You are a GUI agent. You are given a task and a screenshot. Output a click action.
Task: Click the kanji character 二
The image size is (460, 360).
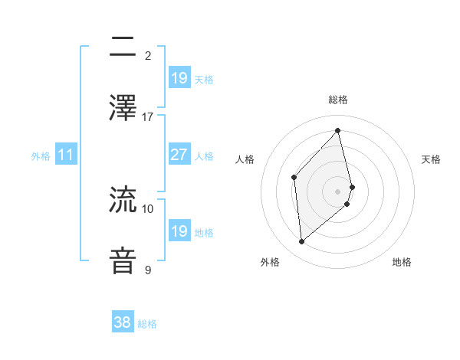[x=123, y=47]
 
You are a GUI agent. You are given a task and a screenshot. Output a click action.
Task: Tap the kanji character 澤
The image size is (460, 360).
[x=123, y=108]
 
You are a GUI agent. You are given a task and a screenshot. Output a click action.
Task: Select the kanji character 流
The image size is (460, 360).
[x=123, y=200]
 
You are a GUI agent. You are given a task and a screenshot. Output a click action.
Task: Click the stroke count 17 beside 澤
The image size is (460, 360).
[x=148, y=117]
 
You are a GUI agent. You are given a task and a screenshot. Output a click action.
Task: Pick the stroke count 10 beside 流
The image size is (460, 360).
[x=148, y=208]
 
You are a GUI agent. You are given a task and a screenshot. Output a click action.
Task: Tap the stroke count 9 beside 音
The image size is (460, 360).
[x=148, y=270]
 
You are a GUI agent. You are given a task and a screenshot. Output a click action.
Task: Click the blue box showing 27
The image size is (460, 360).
[x=179, y=155]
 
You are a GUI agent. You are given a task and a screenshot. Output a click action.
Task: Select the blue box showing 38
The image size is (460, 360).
[x=122, y=322]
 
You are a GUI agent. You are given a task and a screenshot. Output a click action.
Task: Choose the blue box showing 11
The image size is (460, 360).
[x=66, y=155]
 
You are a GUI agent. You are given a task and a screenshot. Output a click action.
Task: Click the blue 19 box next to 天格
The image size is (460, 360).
[x=179, y=78]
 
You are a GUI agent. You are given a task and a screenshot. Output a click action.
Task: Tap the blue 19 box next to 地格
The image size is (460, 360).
[x=179, y=231]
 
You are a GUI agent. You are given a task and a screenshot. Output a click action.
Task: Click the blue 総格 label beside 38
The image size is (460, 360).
[x=147, y=324]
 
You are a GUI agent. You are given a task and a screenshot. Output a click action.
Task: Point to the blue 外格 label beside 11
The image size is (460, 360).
[x=41, y=156]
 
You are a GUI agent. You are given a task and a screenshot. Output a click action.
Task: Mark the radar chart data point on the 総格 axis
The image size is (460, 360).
[x=338, y=131]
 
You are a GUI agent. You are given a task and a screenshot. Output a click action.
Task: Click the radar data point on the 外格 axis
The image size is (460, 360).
[x=302, y=242]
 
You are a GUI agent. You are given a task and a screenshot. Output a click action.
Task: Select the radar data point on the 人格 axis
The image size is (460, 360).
[x=294, y=178]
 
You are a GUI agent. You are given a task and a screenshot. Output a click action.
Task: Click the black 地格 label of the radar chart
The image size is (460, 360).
[x=402, y=262]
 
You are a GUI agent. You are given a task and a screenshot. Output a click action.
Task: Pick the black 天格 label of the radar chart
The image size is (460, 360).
[x=431, y=159]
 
